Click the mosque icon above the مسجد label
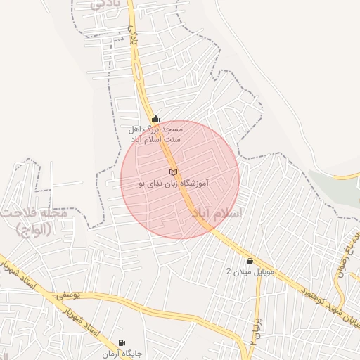point(155,118)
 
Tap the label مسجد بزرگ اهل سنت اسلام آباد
point(155,134)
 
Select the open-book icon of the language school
point(174,172)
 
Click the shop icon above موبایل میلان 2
point(250,261)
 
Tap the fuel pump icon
point(122,342)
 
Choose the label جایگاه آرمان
point(122,353)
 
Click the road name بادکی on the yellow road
point(133,35)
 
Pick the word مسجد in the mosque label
point(173,129)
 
